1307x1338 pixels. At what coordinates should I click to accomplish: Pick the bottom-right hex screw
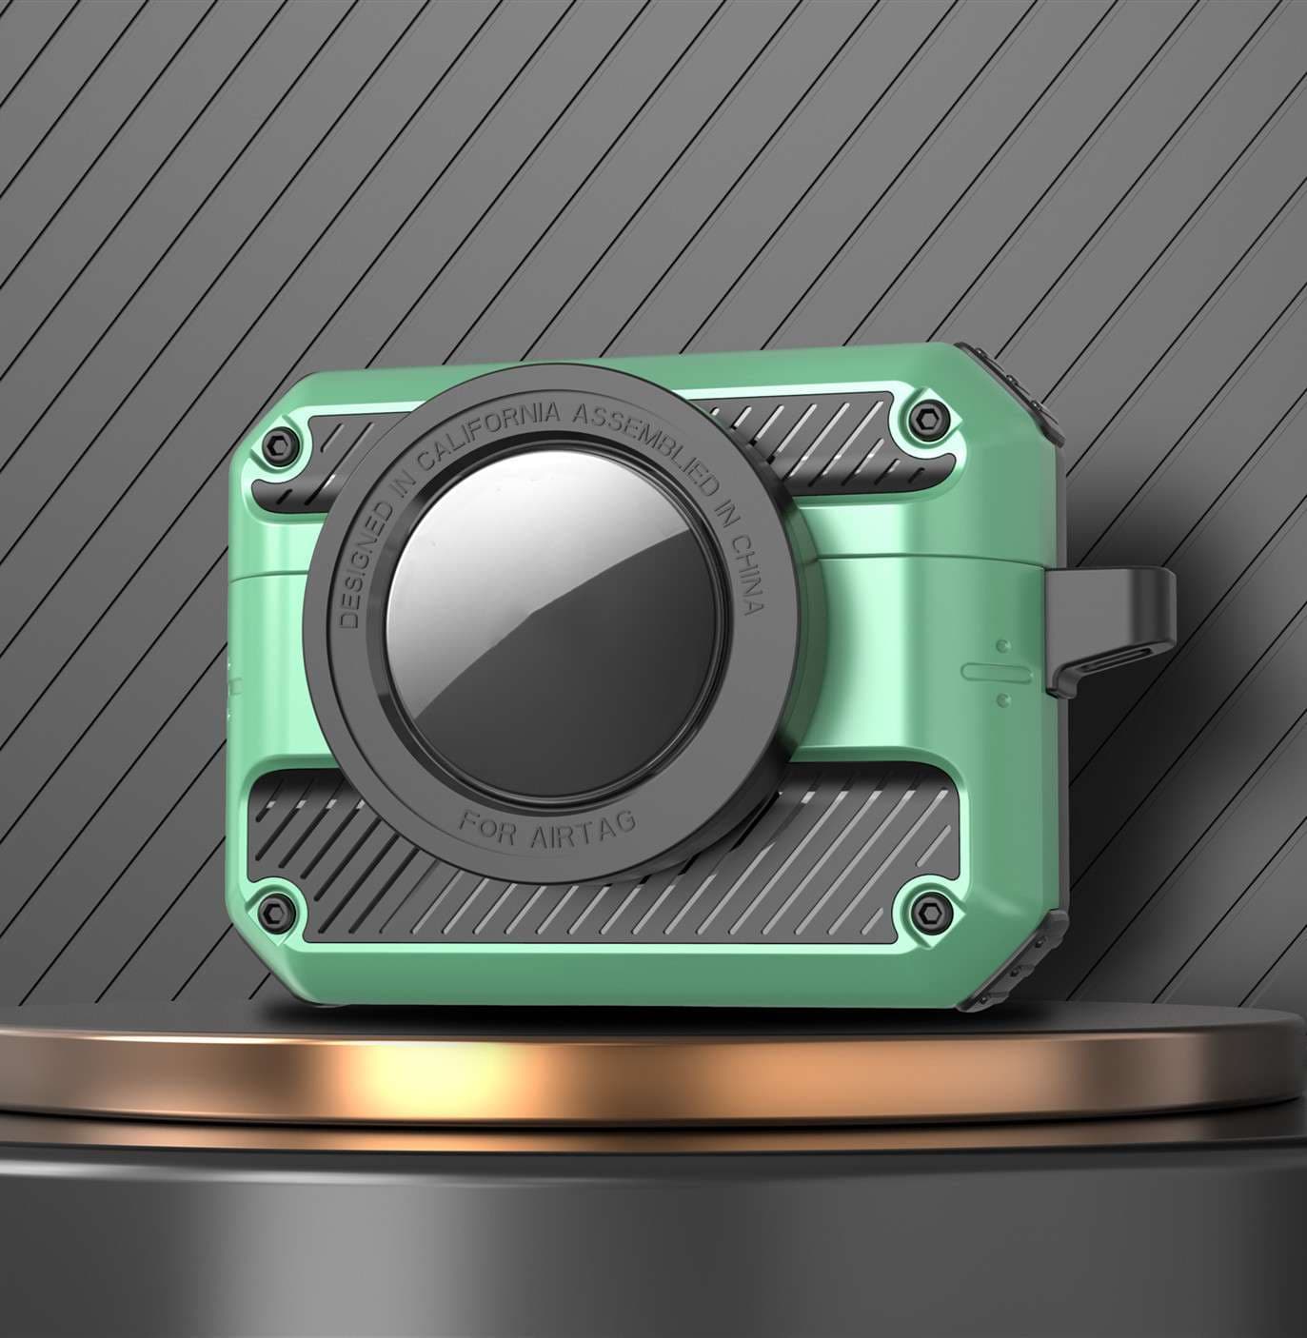[929, 913]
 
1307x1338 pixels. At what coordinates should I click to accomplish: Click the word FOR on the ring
[488, 829]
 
